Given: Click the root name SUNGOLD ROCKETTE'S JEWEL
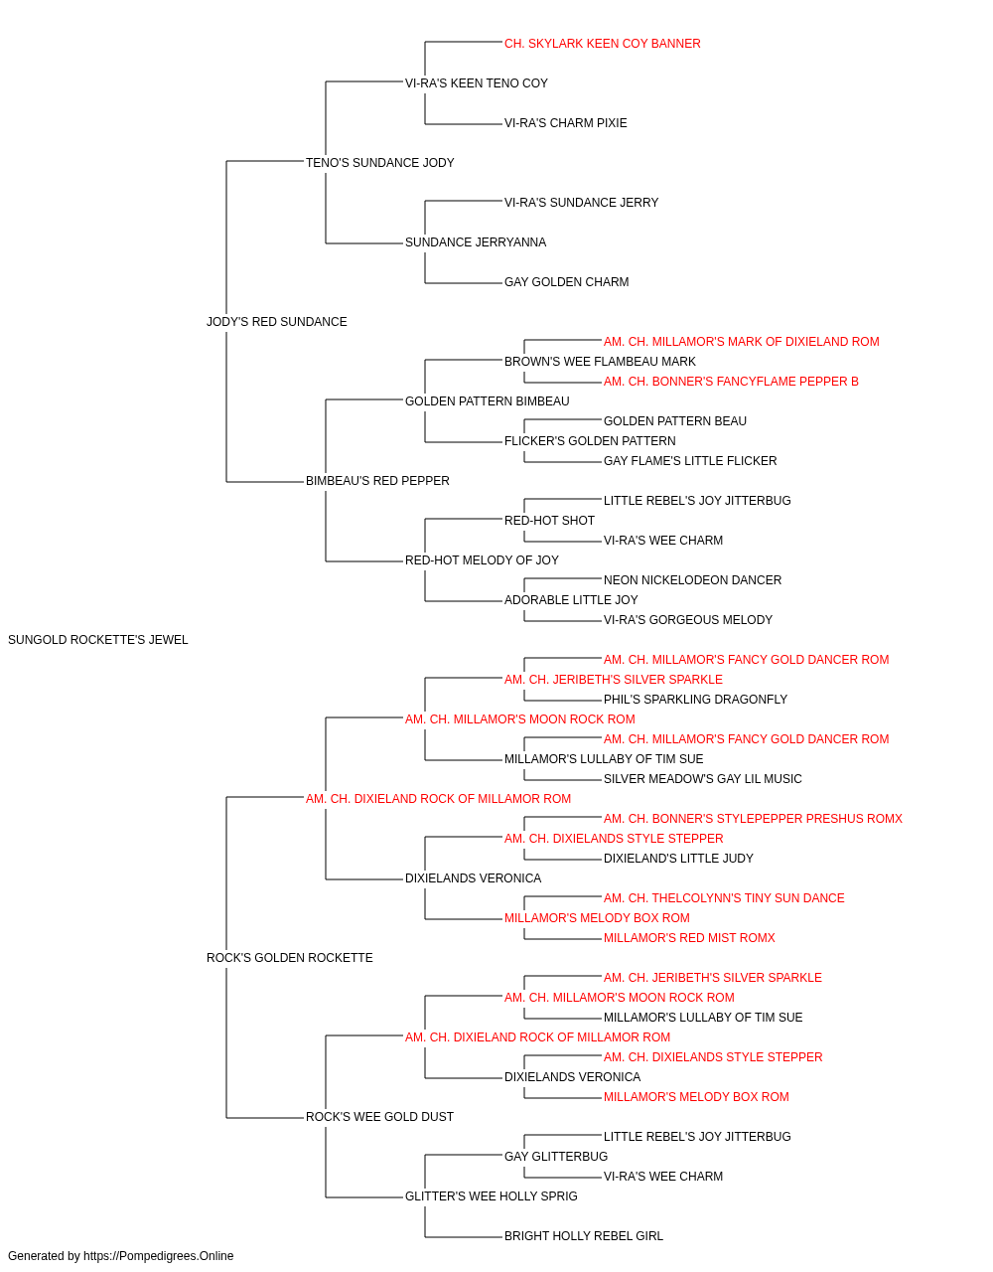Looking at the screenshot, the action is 97,640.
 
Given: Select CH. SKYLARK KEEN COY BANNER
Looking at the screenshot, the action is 603,44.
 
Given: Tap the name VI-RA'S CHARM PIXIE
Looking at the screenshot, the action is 565,123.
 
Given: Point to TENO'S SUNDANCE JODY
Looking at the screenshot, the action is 380,163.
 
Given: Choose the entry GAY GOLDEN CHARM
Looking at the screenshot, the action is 567,282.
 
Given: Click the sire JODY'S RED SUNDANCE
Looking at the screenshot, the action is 277,322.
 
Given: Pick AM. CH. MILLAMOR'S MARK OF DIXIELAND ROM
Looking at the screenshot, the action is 742,342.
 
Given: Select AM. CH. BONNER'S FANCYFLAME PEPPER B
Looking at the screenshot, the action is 731,382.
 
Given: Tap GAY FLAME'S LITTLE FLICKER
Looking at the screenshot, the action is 690,461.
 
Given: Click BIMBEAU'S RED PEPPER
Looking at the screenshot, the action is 377,481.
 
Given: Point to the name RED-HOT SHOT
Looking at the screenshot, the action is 550,521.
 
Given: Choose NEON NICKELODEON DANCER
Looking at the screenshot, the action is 692,580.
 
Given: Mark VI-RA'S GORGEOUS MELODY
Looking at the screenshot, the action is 688,620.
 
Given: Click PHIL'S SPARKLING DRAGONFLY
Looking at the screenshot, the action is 695,700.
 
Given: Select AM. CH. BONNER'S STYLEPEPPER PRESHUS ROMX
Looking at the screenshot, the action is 754,819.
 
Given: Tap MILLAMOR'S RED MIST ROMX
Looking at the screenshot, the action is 689,938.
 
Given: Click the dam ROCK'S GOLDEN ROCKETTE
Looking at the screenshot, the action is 290,958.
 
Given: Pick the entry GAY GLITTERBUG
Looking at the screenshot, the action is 556,1157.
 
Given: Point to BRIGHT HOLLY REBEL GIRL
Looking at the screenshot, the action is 584,1236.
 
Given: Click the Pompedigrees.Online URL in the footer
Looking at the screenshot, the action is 159,1256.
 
